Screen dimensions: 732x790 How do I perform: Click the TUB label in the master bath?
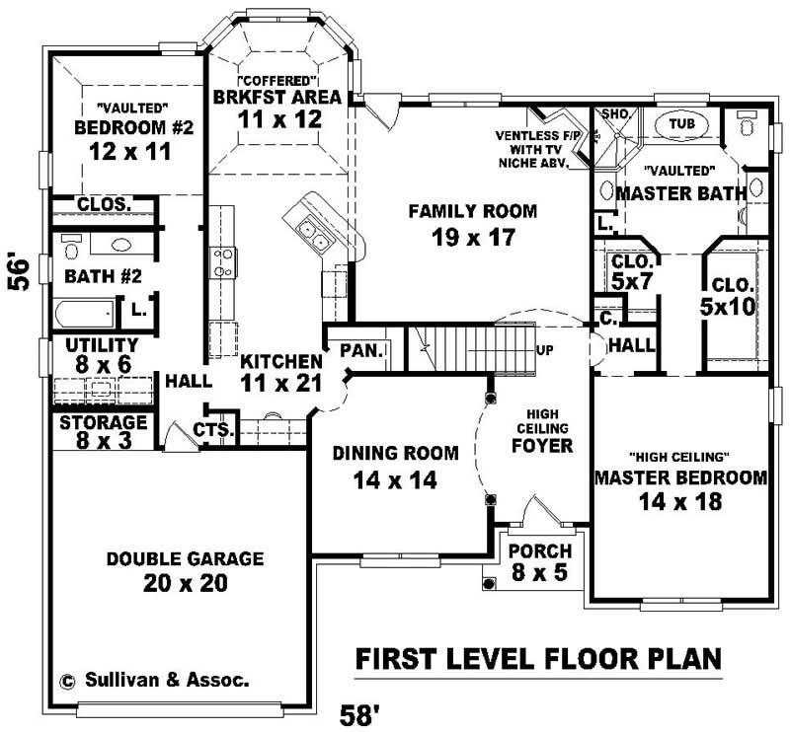click(x=681, y=123)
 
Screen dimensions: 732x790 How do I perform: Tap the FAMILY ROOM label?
click(x=473, y=210)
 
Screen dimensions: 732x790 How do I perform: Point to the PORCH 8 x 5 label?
click(x=539, y=560)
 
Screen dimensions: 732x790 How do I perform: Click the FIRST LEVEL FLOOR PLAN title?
click(x=538, y=657)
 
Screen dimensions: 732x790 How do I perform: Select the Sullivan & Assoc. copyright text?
click(x=155, y=680)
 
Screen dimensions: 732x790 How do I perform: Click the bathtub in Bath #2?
click(x=83, y=315)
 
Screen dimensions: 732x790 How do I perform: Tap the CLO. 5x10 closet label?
click(x=727, y=297)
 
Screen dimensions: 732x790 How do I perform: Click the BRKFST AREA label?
click(x=277, y=97)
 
